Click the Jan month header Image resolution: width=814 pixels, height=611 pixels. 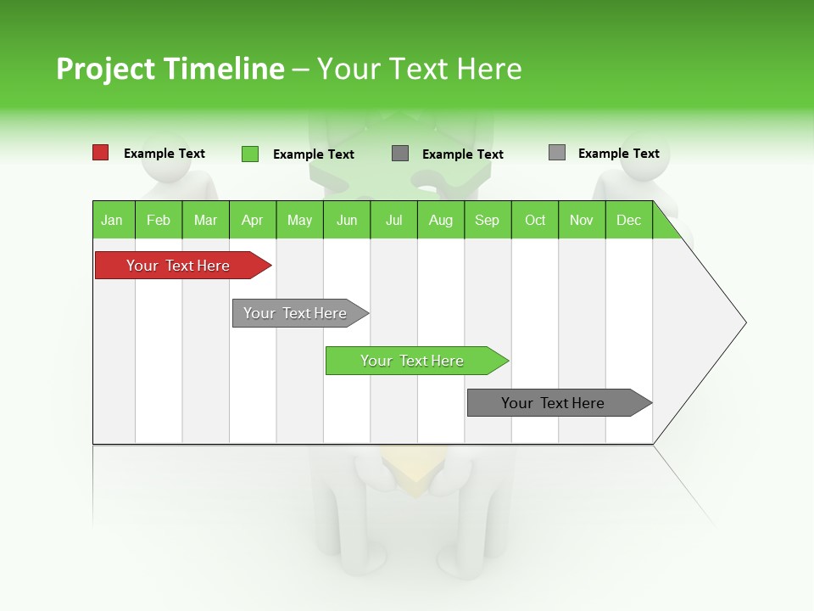[112, 220]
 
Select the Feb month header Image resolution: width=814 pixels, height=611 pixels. [159, 220]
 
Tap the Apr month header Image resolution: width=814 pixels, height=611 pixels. [252, 220]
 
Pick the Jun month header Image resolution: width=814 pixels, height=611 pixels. [347, 220]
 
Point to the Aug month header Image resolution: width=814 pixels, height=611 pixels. [440, 220]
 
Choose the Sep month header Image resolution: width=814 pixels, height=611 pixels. [487, 220]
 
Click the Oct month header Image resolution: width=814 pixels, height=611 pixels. [535, 220]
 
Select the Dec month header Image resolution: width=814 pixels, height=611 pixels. [628, 220]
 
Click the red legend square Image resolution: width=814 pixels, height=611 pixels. [100, 153]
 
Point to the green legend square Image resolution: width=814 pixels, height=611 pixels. [249, 154]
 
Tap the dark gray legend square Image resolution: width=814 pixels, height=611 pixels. [400, 153]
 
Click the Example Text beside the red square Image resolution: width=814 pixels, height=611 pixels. [164, 154]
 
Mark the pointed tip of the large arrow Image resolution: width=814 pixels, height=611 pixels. [744, 322]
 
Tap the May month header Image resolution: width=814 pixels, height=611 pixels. [299, 220]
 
